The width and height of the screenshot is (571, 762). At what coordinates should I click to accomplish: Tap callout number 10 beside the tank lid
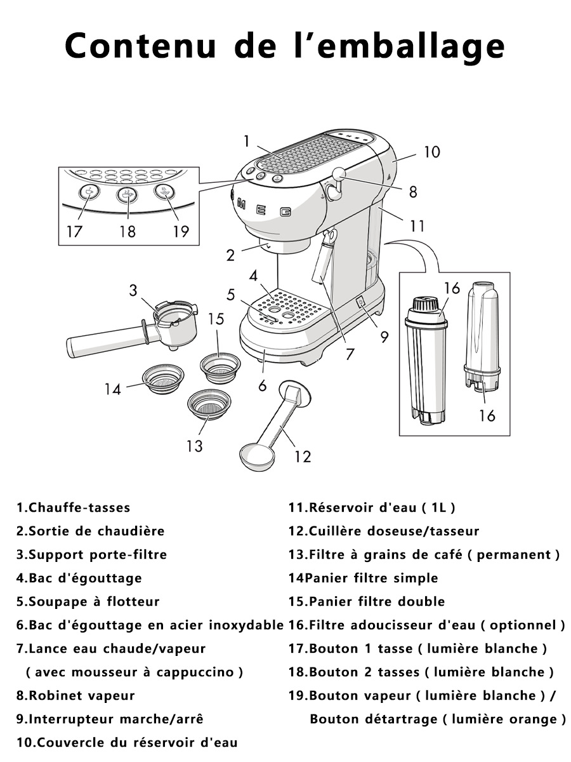point(432,152)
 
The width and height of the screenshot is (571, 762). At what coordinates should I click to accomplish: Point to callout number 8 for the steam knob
point(412,192)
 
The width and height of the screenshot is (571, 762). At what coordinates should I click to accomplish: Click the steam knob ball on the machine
point(338,173)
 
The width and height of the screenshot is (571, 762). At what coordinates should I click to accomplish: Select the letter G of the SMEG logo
point(285,211)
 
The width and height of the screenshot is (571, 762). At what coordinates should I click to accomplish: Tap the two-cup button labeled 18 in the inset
point(128,194)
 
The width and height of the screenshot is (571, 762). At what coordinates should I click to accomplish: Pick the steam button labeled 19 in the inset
point(164,191)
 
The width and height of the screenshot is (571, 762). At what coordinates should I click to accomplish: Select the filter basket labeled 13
point(209,404)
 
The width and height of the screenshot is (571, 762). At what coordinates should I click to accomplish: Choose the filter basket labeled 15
point(220,368)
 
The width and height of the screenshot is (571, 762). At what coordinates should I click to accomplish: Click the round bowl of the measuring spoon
point(257,458)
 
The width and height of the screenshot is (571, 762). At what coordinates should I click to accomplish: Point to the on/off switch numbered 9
point(361,302)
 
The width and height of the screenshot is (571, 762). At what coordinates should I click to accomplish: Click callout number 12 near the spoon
point(303,457)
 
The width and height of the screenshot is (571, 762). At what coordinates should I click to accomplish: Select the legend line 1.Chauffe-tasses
point(74,507)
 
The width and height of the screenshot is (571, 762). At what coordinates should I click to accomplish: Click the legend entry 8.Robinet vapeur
point(75,695)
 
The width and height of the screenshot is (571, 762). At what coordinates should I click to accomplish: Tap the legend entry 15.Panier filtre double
point(367,601)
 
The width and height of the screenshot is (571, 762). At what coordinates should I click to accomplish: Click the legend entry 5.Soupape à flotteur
point(88,601)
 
